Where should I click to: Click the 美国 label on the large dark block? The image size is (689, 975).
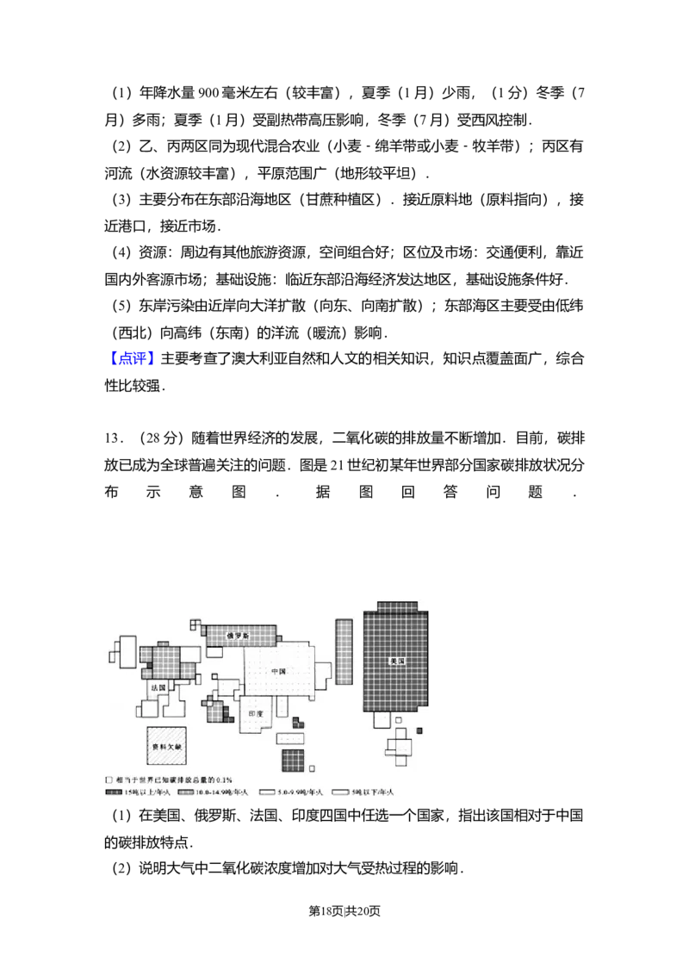pyautogui.click(x=396, y=661)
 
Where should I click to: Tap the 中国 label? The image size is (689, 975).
pyautogui.click(x=277, y=671)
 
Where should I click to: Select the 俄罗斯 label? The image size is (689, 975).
pyautogui.click(x=238, y=636)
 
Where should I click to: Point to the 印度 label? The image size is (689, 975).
pyautogui.click(x=256, y=715)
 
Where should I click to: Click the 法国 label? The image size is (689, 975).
pyautogui.click(x=158, y=688)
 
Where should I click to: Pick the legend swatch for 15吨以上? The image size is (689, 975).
pyautogui.click(x=114, y=792)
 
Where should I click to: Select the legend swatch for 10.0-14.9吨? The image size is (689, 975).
pyautogui.click(x=184, y=792)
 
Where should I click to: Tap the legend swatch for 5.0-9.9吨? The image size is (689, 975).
pyautogui.click(x=266, y=792)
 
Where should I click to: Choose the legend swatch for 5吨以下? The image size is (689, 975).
pyautogui.click(x=339, y=792)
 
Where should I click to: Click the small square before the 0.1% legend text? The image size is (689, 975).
pyautogui.click(x=109, y=778)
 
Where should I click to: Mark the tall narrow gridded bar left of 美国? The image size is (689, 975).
pyautogui.click(x=344, y=651)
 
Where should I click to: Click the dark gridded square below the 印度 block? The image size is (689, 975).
pyautogui.click(x=293, y=761)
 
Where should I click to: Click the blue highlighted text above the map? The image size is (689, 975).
pyautogui.click(x=133, y=357)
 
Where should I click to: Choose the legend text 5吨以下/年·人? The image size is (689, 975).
pyautogui.click(x=370, y=792)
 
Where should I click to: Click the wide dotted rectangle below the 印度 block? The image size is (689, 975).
pyautogui.click(x=289, y=738)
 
